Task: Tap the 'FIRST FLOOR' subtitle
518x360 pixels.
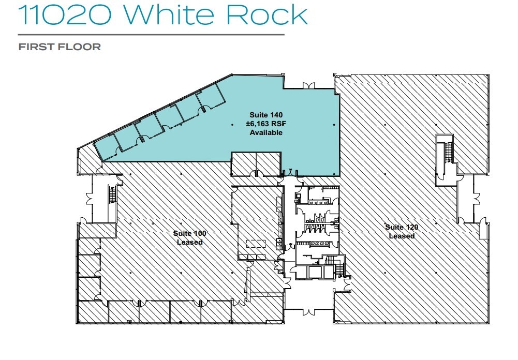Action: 60,47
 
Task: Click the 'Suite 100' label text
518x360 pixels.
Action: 189,234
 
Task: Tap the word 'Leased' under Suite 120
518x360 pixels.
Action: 402,236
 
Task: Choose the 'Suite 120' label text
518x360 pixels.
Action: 402,227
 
